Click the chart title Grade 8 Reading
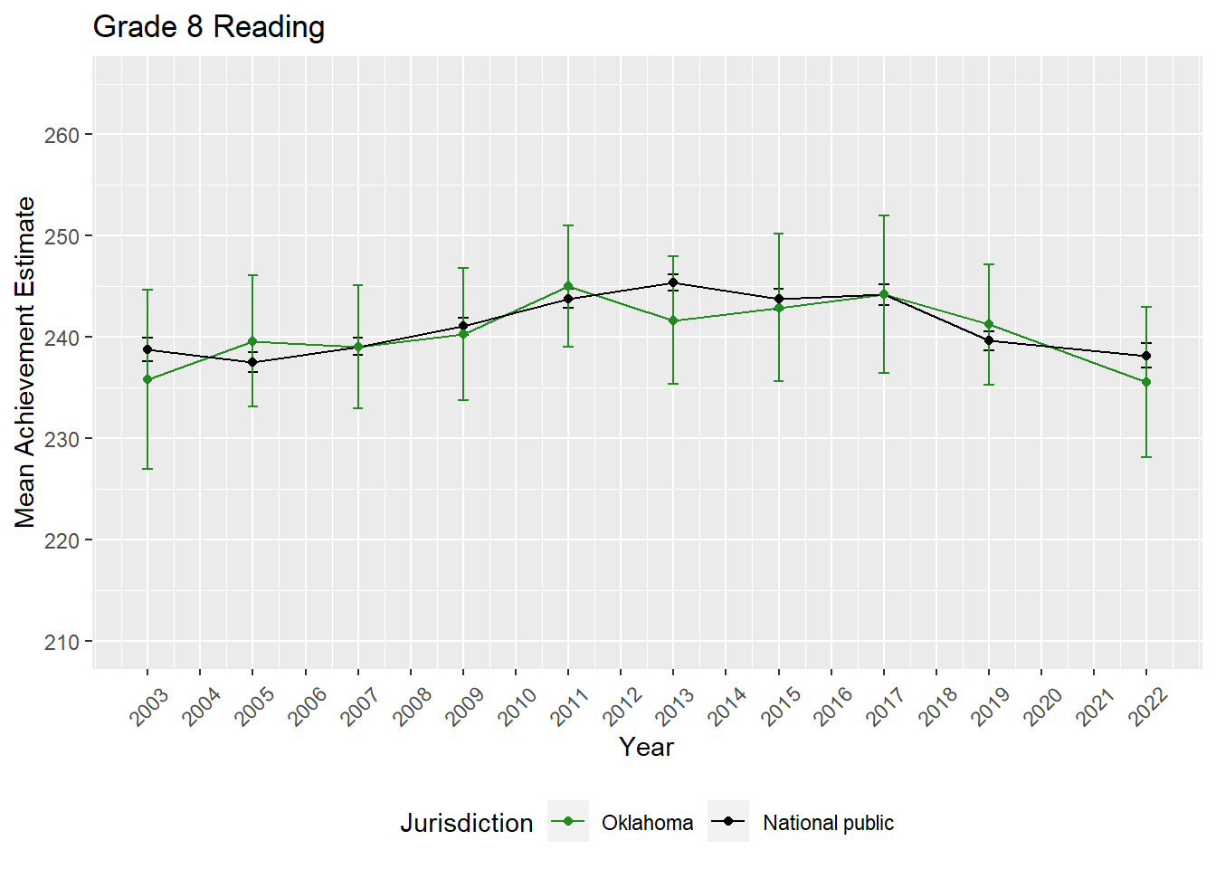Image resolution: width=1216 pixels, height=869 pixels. pos(209,27)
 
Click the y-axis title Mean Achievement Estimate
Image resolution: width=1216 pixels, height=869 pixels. pos(25,362)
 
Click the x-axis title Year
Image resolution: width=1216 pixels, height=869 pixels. pos(646,747)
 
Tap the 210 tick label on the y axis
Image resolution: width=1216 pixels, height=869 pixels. pos(62,642)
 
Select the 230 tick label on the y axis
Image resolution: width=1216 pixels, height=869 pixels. pos(62,439)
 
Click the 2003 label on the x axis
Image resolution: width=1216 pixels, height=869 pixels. pos(149,707)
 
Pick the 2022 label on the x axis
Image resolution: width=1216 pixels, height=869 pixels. pos(1148,707)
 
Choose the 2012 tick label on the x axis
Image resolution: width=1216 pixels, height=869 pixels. pos(622,707)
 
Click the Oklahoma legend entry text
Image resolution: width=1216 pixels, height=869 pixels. pos(647,823)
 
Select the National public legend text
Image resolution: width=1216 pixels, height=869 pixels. pos(828,823)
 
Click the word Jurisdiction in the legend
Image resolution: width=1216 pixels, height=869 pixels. pos(467,823)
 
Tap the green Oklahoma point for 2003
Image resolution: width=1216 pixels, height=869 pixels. pos(147,379)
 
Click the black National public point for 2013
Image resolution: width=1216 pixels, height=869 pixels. pos(673,282)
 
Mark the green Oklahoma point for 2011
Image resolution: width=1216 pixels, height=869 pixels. pos(568,286)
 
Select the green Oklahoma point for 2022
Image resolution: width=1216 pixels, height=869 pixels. pos(1146,382)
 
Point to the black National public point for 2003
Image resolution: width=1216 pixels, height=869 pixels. pos(147,349)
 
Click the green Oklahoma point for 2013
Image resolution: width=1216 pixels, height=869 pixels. pos(673,320)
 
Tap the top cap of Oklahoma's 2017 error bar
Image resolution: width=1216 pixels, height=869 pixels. pos(884,215)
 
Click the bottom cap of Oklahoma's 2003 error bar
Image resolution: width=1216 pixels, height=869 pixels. pos(147,469)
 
